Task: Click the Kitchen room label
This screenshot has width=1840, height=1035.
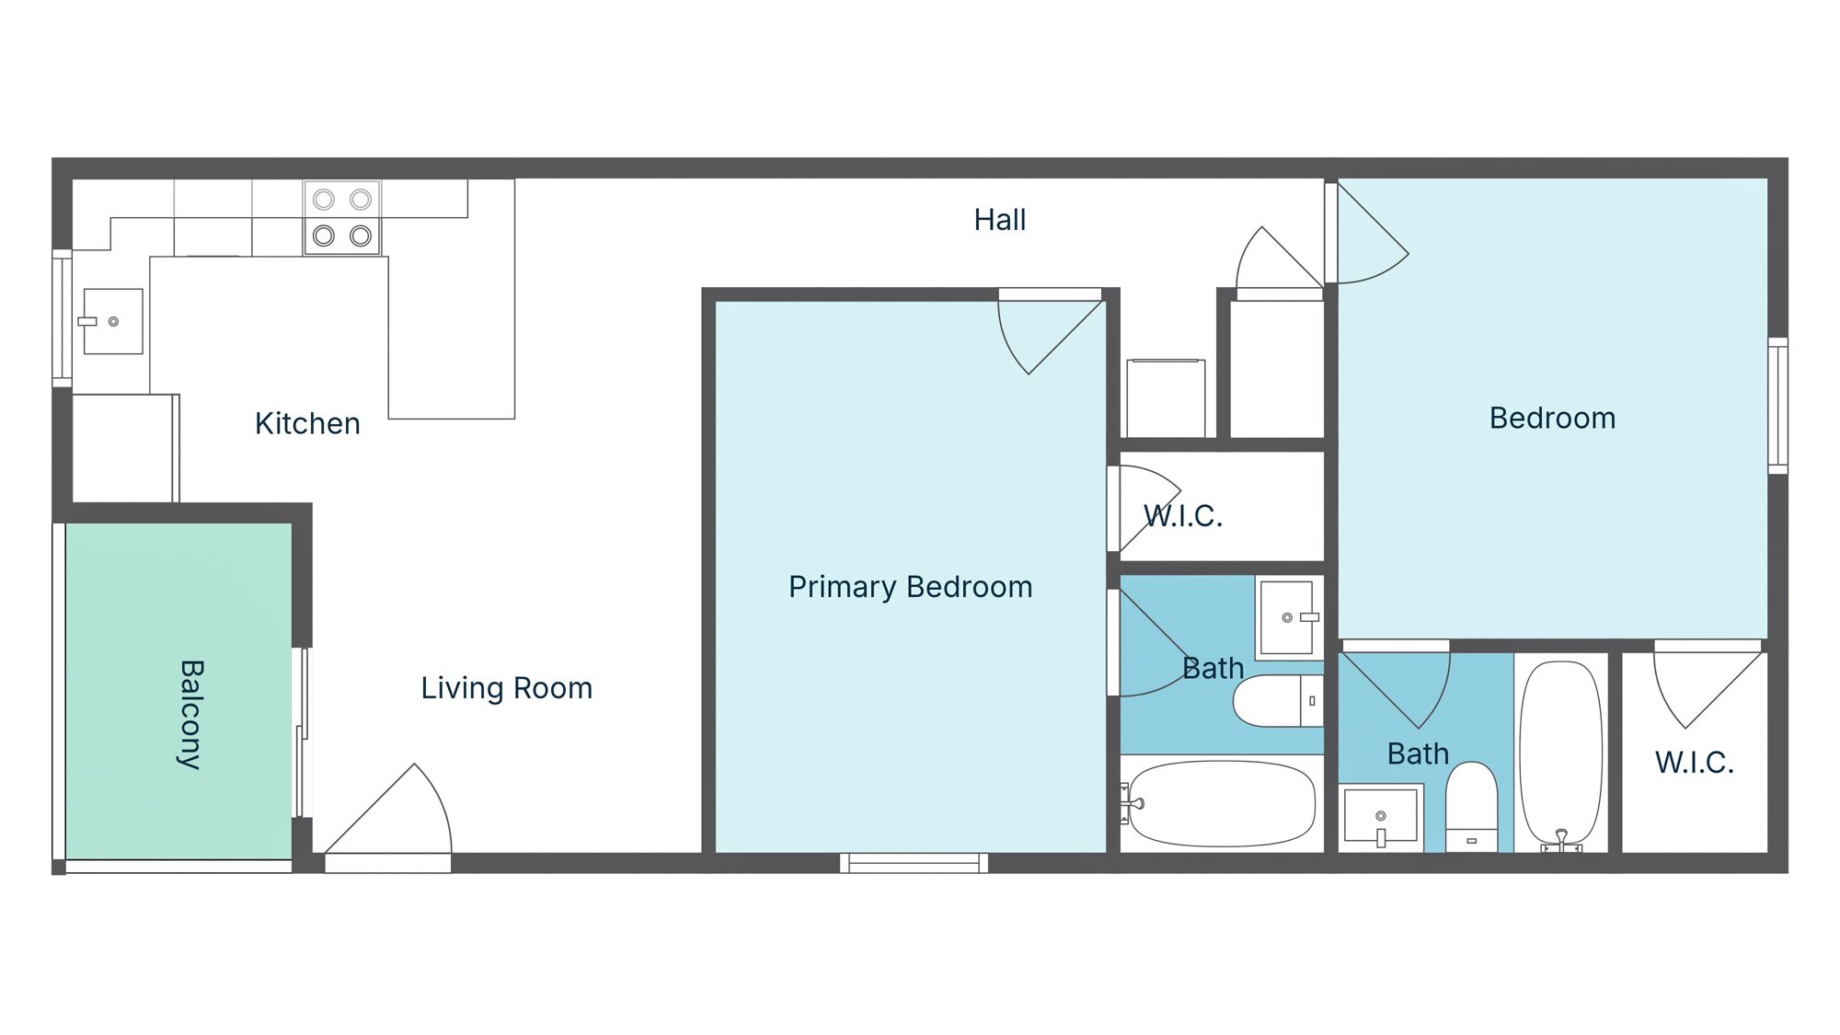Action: (307, 423)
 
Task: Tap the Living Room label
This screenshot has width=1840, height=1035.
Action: (506, 688)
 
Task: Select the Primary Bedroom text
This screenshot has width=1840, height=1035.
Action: (910, 587)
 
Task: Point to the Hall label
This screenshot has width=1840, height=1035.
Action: (1000, 220)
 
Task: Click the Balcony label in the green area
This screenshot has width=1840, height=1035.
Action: (190, 714)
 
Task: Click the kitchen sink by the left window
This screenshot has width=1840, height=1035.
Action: (113, 321)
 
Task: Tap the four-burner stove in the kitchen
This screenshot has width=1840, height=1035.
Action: (342, 218)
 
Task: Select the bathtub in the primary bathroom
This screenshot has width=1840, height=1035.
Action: (1222, 803)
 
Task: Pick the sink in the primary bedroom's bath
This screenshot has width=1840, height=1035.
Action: (1287, 617)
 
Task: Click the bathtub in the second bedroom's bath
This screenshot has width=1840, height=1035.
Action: (1561, 753)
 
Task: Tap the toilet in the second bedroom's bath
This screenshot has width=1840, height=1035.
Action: (1471, 806)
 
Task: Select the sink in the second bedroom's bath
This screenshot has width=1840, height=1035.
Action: (1380, 814)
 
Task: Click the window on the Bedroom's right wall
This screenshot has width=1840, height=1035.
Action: (1778, 406)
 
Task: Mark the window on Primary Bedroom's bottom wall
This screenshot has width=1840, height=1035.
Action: (914, 863)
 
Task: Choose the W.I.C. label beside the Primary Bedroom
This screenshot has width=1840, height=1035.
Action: (1183, 516)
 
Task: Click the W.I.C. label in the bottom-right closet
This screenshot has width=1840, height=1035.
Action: (1694, 763)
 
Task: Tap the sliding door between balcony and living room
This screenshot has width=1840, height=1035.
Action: (301, 732)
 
